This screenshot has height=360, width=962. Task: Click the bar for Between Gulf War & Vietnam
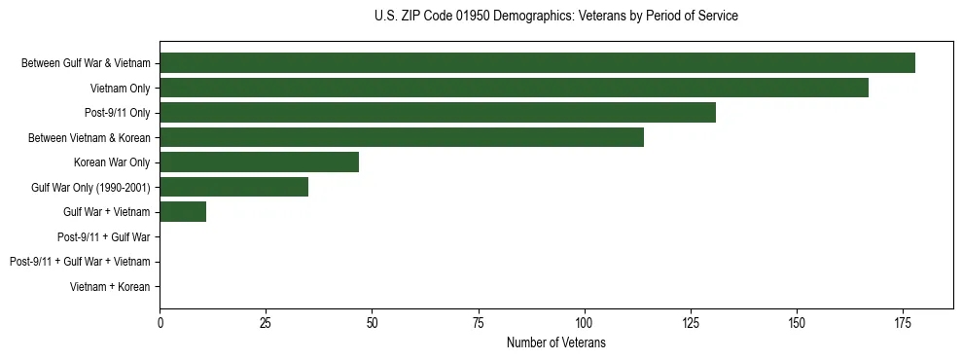(537, 63)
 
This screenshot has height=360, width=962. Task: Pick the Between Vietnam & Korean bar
(402, 137)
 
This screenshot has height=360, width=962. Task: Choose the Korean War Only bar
(259, 162)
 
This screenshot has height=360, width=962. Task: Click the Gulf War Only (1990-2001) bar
(233, 187)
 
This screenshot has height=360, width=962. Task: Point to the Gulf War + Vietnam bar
(183, 211)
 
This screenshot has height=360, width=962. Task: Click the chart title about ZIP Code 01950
(555, 17)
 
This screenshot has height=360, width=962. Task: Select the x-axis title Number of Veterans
(555, 342)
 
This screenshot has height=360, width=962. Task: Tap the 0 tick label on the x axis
(160, 323)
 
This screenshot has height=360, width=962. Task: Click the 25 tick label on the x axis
(266, 323)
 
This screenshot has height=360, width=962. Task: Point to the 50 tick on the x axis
(372, 323)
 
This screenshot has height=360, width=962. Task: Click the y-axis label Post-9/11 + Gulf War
(103, 236)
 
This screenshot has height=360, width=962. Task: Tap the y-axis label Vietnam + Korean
(110, 286)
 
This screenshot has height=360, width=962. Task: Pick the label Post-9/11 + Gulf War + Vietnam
(80, 262)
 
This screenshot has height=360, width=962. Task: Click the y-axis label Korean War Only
(112, 162)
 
